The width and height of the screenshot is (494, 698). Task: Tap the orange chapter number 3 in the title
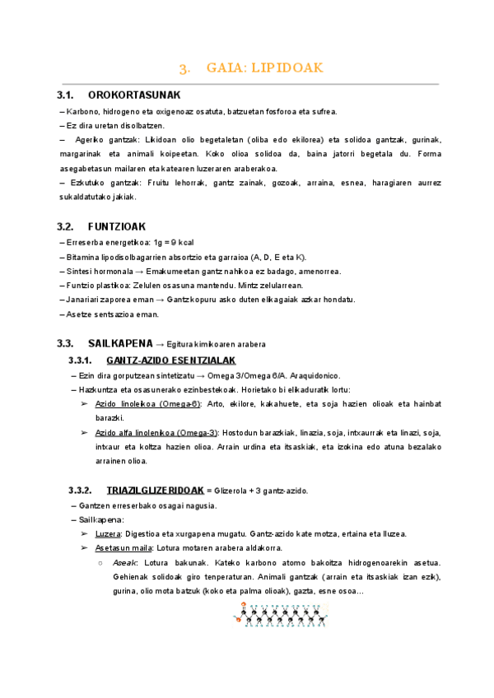coord(185,68)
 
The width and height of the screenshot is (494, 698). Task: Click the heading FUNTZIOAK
coord(117,226)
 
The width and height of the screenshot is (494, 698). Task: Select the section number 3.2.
coord(66,226)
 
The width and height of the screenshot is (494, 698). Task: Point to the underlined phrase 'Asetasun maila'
coord(123,547)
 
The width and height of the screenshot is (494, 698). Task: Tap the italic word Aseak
coord(125,562)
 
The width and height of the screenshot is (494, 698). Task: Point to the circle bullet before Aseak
coord(99,562)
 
